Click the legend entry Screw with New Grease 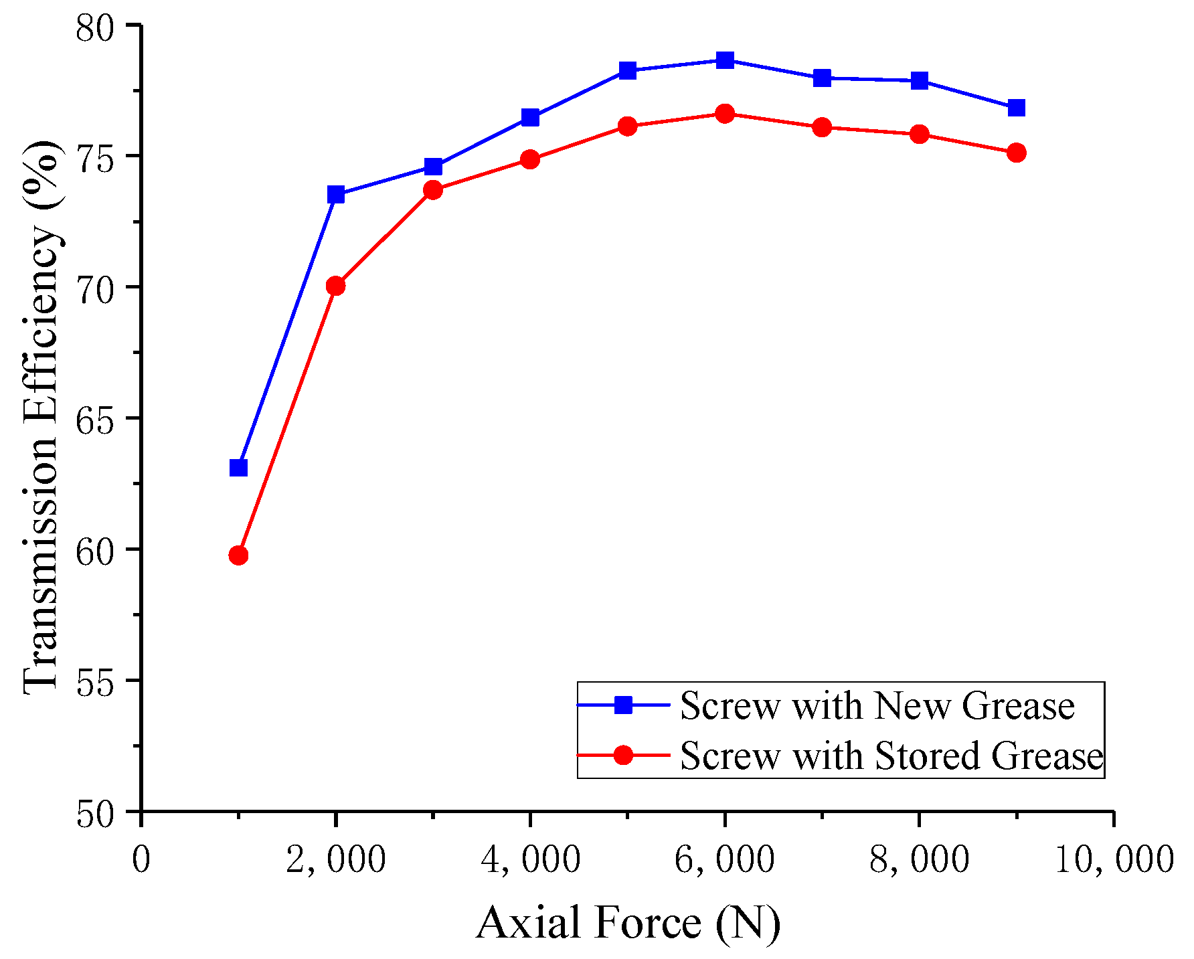click(877, 705)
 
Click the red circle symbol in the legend click(624, 755)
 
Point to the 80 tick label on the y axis click(98, 27)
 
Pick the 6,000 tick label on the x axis click(724, 860)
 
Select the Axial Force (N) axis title click(628, 923)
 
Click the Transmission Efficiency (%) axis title click(41, 418)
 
